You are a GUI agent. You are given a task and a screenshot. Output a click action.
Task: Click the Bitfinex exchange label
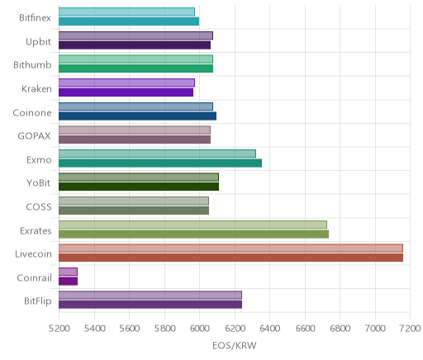pyautogui.click(x=35, y=18)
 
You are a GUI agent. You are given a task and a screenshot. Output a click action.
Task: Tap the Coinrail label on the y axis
pyautogui.click(x=34, y=278)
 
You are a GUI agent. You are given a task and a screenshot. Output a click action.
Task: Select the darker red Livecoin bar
pyautogui.click(x=231, y=258)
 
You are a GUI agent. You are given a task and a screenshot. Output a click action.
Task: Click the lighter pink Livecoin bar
pyautogui.click(x=231, y=248)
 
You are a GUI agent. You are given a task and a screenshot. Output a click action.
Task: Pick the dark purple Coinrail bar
pyautogui.click(x=68, y=282)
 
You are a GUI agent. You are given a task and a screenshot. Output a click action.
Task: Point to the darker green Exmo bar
pyautogui.click(x=160, y=163)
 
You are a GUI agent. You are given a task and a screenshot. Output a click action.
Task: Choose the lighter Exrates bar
pyautogui.click(x=192, y=225)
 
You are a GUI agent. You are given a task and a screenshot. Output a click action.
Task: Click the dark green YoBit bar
pyautogui.click(x=139, y=187)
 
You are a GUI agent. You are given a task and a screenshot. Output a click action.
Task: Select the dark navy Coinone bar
pyautogui.click(x=137, y=116)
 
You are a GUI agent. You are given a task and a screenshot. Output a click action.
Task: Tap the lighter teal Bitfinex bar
pyautogui.click(x=126, y=12)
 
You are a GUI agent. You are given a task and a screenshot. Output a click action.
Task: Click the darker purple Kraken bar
pyautogui.click(x=126, y=92)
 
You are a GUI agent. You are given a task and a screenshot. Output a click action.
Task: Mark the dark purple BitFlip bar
pyautogui.click(x=150, y=305)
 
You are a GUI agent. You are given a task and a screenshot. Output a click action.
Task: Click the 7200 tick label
pyautogui.click(x=411, y=329)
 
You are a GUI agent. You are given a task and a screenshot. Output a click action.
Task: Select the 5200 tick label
pyautogui.click(x=59, y=329)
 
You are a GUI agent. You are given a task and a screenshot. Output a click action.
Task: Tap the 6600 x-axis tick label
pyautogui.click(x=305, y=329)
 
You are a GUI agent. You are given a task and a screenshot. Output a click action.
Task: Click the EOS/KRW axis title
pyautogui.click(x=235, y=345)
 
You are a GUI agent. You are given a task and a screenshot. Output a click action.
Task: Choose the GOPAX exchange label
pyautogui.click(x=34, y=136)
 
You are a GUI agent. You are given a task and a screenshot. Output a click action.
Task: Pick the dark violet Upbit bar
pyautogui.click(x=135, y=45)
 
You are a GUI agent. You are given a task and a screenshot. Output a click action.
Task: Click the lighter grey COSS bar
pyautogui.click(x=134, y=201)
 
